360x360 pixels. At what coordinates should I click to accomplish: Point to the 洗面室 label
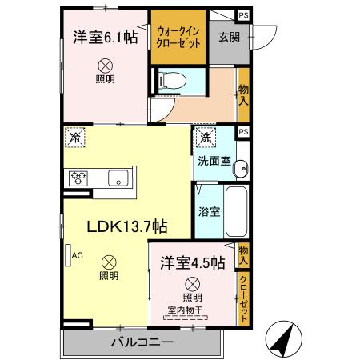(214, 160)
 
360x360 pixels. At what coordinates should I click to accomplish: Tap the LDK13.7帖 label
(127, 226)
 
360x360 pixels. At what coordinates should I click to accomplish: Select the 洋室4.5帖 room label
(191, 262)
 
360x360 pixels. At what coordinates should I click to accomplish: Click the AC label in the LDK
(78, 256)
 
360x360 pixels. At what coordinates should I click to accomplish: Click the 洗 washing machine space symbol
(206, 137)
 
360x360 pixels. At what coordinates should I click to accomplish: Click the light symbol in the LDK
(108, 262)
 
